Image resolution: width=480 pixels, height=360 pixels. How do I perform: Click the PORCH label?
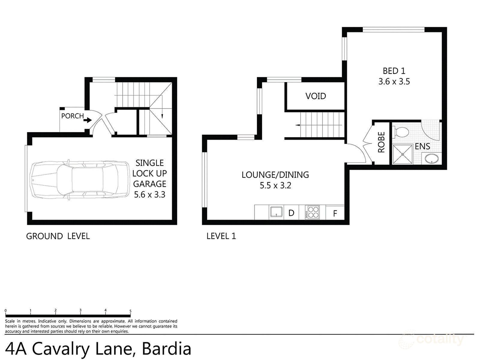tap(72, 116)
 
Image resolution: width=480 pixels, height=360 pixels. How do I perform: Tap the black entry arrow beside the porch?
tap(88, 120)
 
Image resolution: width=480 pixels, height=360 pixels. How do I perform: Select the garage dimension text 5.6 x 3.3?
tap(149, 195)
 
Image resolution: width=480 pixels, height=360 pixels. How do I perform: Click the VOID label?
tap(316, 96)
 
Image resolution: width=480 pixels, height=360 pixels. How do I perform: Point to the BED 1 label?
tap(394, 71)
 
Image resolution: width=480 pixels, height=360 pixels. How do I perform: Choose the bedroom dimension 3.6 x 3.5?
tap(394, 82)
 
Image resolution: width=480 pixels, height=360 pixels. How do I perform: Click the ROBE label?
tap(381, 142)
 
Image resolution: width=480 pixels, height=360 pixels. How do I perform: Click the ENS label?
tap(422, 146)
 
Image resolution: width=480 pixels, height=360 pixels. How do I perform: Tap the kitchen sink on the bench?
tap(276, 212)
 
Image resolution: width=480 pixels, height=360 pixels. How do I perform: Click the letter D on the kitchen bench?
tap(291, 213)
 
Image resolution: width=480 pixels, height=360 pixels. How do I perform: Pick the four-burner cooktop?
tap(313, 212)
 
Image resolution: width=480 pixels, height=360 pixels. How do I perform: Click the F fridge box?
tap(335, 213)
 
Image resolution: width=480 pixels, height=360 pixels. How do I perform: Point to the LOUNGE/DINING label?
tap(275, 175)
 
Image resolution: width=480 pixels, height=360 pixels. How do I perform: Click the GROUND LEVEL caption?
tap(58, 236)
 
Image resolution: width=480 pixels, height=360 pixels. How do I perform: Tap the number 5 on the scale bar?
tap(130, 311)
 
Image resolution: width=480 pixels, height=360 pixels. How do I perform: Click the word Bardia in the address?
tap(166, 349)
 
